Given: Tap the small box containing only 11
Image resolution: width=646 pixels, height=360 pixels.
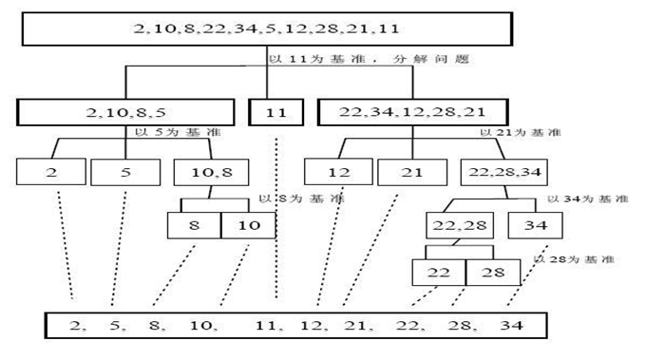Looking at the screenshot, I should (277, 113).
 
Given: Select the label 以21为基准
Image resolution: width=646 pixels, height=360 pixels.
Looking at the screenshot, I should (520, 134).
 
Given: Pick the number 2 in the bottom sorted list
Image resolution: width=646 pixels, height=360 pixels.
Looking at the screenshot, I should (75, 326).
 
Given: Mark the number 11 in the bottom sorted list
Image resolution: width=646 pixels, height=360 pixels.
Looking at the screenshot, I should (267, 326).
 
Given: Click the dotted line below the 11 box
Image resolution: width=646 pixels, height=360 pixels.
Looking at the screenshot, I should (277, 218).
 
